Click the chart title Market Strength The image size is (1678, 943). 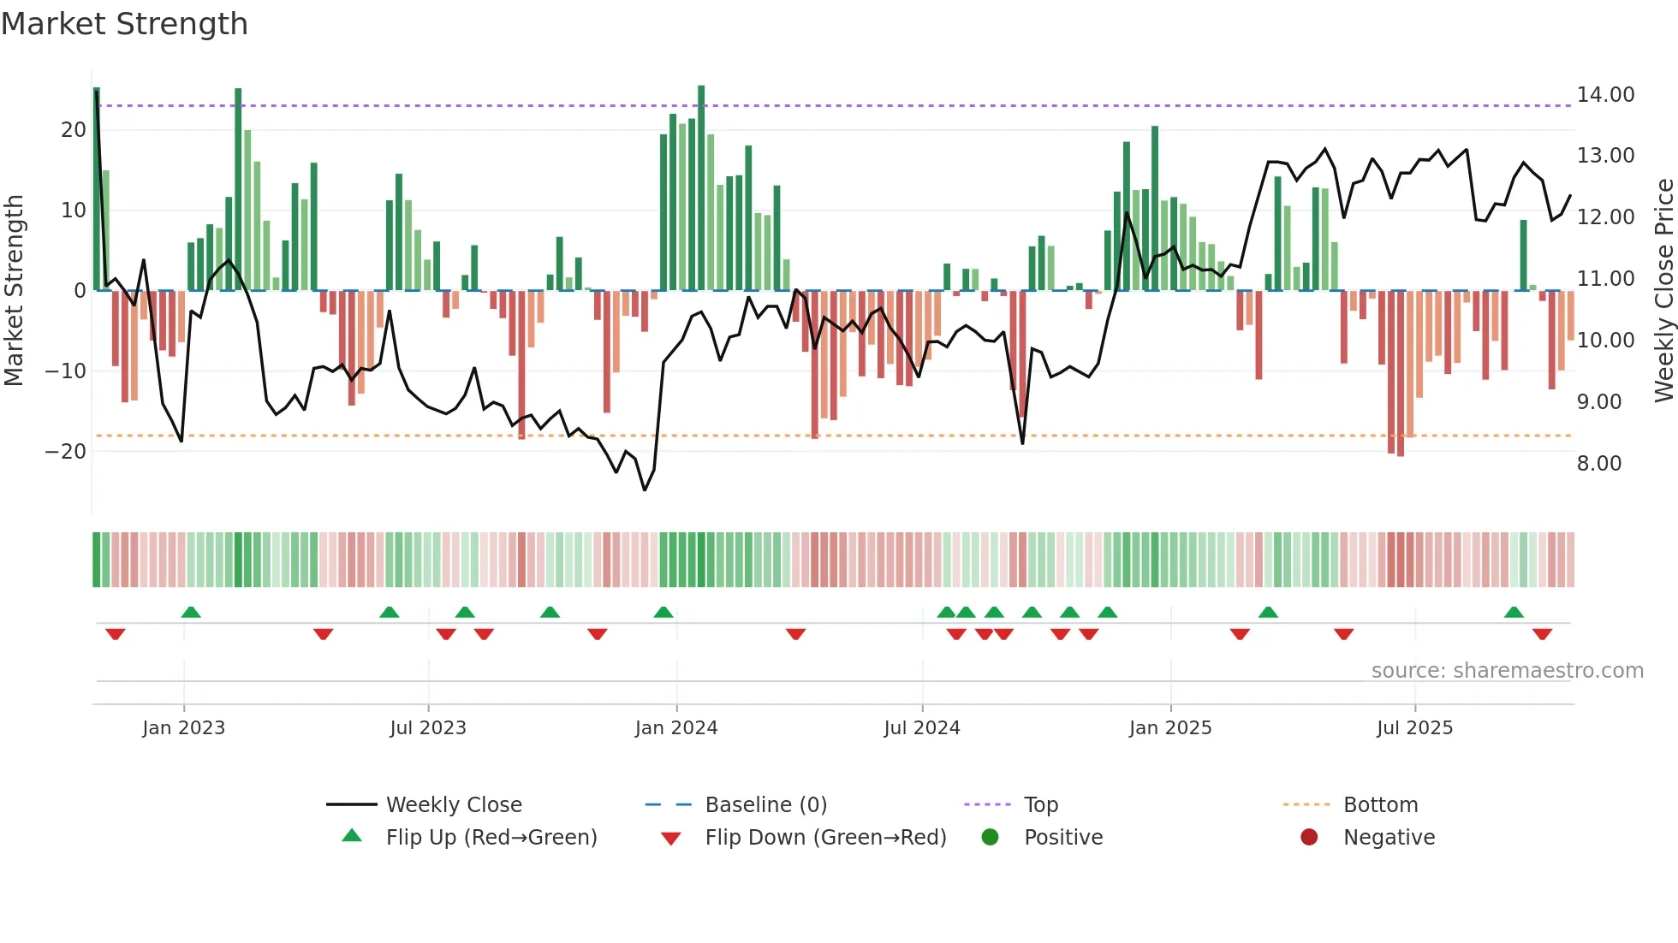pyautogui.click(x=124, y=24)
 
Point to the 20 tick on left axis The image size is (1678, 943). pyautogui.click(x=74, y=130)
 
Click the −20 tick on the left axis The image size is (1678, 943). pyautogui.click(x=66, y=452)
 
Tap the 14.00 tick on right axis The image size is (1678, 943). pyautogui.click(x=1605, y=95)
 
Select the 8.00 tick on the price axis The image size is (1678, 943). pyautogui.click(x=1598, y=464)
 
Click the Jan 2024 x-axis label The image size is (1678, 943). pyautogui.click(x=675, y=728)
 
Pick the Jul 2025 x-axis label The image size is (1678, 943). pyautogui.click(x=1414, y=728)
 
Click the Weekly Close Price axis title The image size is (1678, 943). pyautogui.click(x=1663, y=291)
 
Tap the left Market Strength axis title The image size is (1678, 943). pyautogui.click(x=15, y=291)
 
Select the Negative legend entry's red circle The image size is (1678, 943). pyautogui.click(x=1309, y=837)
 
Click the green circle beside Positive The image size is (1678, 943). pyautogui.click(x=990, y=837)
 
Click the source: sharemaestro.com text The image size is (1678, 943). pyautogui.click(x=1507, y=671)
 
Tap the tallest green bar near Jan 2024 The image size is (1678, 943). pyautogui.click(x=701, y=188)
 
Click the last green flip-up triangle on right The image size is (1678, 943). pyautogui.click(x=1514, y=613)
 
